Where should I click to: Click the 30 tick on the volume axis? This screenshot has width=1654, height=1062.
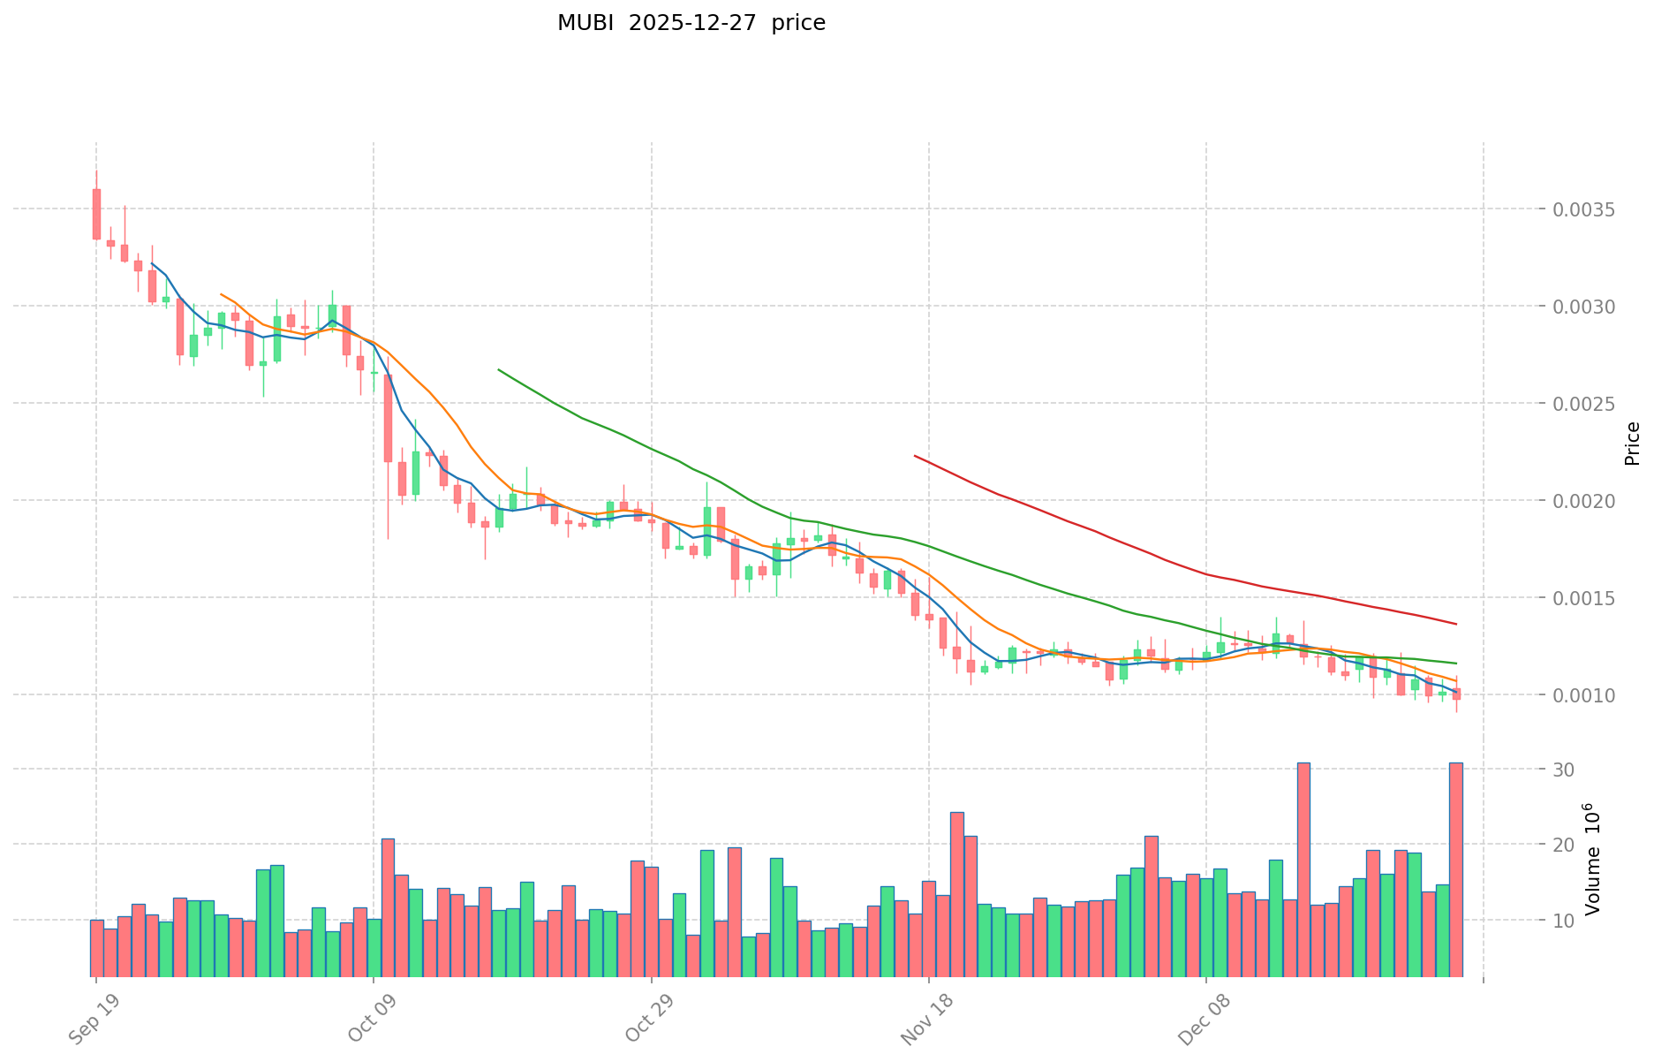(1564, 770)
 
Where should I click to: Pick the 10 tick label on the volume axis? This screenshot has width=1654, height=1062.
(1564, 922)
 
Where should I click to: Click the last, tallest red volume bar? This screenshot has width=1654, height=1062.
(1455, 870)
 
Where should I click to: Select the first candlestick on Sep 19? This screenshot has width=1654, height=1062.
(96, 214)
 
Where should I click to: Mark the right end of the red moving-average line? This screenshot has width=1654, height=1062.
(1455, 624)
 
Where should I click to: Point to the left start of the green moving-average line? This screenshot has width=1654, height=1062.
(499, 369)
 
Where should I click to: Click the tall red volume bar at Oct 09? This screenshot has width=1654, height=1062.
(388, 907)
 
